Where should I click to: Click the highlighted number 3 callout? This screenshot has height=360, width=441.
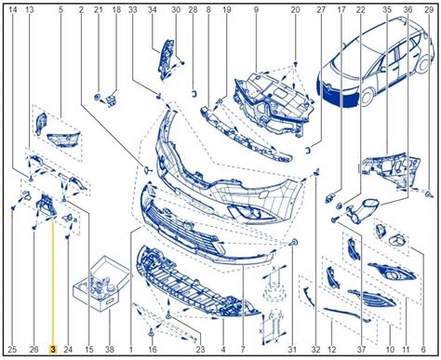pyautogui.click(x=53, y=350)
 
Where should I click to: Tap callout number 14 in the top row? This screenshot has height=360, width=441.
pyautogui.click(x=13, y=10)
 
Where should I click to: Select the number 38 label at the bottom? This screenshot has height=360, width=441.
pyautogui.click(x=110, y=350)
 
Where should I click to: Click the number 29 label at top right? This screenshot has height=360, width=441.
pyautogui.click(x=429, y=10)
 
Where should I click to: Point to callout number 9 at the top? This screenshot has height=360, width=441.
pyautogui.click(x=256, y=10)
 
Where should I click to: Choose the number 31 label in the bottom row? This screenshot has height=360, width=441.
pyautogui.click(x=292, y=350)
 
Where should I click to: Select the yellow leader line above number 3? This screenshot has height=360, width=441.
pyautogui.click(x=53, y=282)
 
